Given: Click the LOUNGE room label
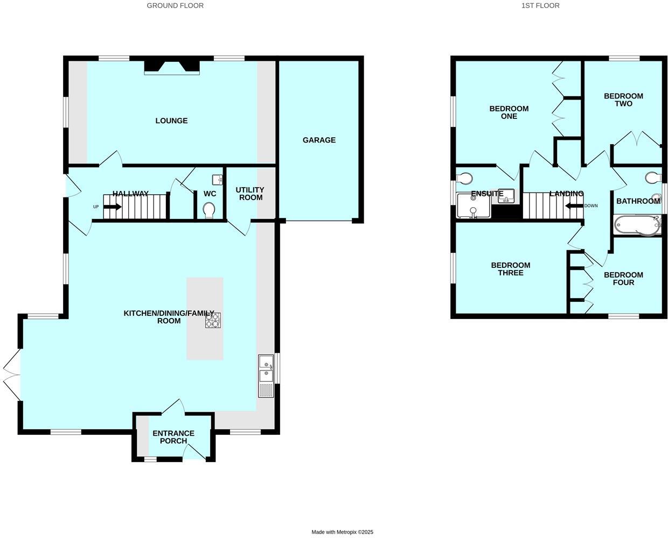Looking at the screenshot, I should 171,121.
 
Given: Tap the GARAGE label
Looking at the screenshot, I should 319,140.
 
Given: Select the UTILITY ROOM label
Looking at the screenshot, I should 250,193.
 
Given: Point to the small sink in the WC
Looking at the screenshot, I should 218,179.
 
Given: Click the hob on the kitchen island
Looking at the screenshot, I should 212,320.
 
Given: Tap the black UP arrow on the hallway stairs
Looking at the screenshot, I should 112,207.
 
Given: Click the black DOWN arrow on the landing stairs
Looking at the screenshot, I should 574,206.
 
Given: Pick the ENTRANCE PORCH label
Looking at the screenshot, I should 173,437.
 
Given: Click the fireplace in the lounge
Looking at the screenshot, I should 172,67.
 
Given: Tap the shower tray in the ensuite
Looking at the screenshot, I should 474,206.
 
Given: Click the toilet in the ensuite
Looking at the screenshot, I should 464,178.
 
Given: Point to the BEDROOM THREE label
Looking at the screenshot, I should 510,269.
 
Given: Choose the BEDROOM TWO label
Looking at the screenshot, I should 623,100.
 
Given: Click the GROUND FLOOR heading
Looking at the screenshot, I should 175,5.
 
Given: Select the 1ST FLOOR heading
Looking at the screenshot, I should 540,5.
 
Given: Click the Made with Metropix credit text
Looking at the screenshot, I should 342,532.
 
